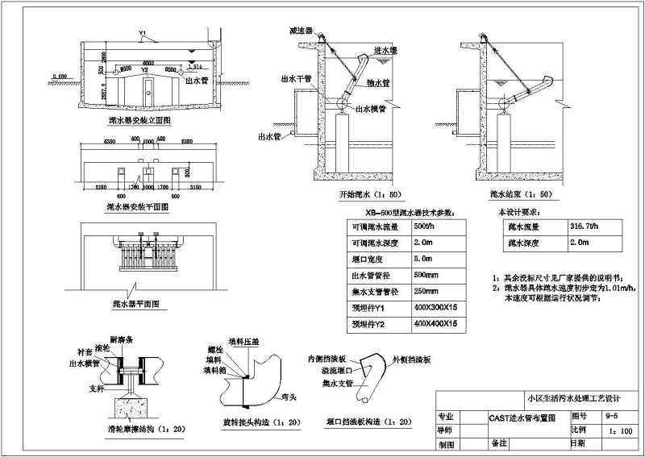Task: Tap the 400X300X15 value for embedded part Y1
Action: coord(435,307)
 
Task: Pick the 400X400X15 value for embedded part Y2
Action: coord(435,323)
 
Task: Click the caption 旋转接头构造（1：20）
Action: coord(251,422)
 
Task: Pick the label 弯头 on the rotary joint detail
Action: coord(281,397)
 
